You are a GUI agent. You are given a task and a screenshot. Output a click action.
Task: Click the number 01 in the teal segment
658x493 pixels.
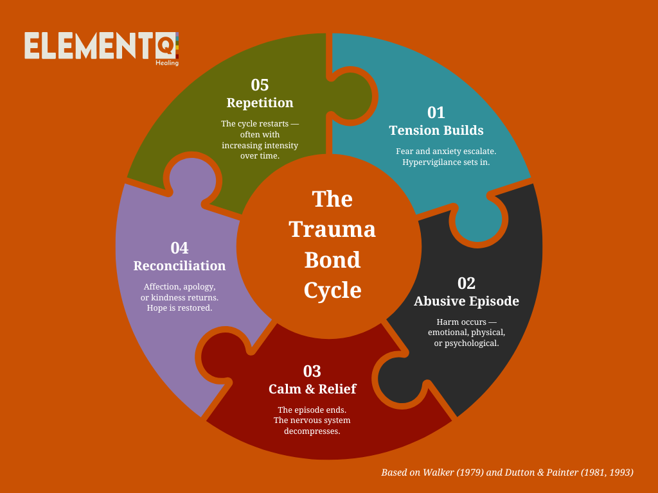coord(436,112)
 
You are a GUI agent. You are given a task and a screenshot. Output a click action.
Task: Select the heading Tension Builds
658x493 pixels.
coord(436,130)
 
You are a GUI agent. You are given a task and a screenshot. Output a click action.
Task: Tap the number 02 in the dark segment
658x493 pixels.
coord(466,283)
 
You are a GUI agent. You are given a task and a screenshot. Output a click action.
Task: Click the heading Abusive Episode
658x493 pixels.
coord(466,301)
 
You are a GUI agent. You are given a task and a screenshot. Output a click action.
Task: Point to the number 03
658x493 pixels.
coord(312,371)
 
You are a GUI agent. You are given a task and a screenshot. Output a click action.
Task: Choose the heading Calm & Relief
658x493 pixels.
coord(312,389)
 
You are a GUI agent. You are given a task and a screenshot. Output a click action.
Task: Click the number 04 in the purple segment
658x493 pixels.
coord(179,248)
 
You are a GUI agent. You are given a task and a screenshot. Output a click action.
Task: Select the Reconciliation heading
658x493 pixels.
coord(179,266)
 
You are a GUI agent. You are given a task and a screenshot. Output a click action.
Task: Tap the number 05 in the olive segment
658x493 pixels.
coord(260,85)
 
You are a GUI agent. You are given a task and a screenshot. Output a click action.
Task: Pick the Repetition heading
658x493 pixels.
coord(260,103)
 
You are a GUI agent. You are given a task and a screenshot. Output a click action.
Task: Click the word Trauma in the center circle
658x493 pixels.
coord(332,229)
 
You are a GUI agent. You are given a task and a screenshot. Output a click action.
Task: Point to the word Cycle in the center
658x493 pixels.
coord(332,290)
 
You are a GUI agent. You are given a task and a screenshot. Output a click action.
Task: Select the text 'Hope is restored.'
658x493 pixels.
coord(179,307)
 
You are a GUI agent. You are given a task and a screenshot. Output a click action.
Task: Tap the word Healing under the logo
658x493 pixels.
coord(166,63)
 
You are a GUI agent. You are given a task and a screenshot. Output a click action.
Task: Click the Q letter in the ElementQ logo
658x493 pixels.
coord(165,46)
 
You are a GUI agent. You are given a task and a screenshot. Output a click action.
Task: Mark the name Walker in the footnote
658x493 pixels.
coord(438,472)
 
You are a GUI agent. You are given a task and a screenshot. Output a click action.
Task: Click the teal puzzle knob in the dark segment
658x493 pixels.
coord(478,220)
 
